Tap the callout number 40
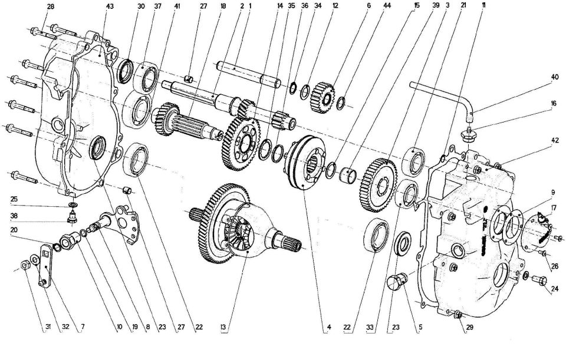point(554,77)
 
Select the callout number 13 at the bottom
point(223,327)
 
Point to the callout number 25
point(14,199)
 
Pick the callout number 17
point(553,208)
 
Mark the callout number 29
point(469,327)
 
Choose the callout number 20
point(14,230)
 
